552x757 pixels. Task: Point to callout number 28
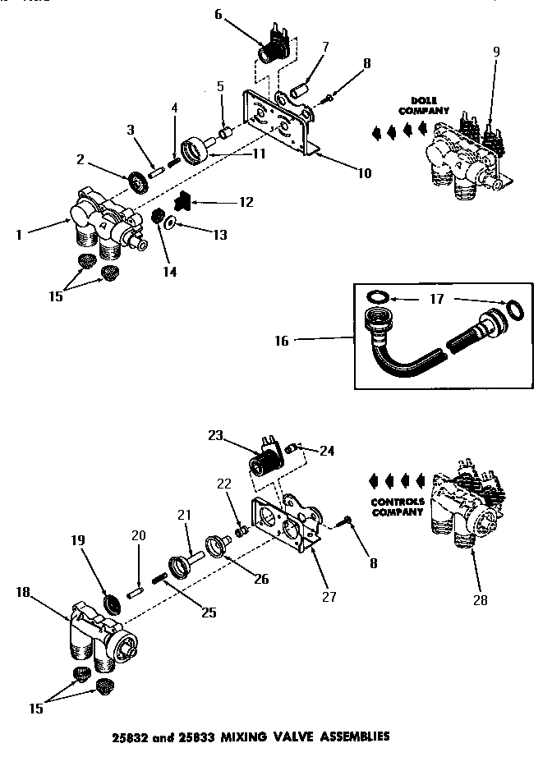tap(479, 600)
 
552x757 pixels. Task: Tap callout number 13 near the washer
tap(220, 236)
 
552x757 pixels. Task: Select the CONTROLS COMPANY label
tap(398, 506)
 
